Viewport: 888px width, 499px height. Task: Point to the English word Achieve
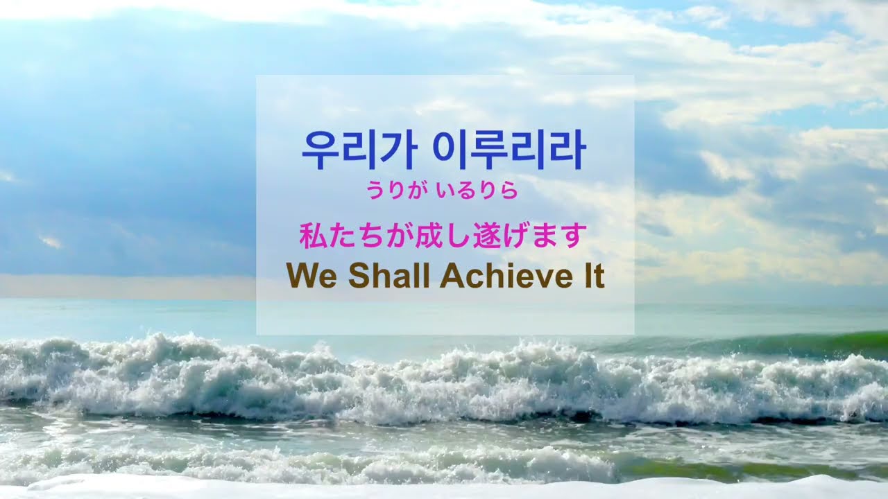[x=502, y=277]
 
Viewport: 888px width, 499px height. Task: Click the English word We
[x=311, y=277]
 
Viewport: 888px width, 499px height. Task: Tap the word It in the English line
[x=590, y=277]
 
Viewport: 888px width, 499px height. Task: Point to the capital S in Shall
[x=359, y=277]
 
